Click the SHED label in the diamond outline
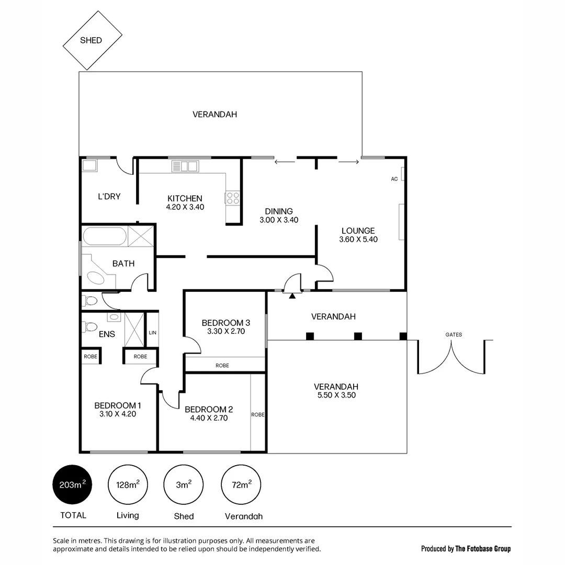pyautogui.click(x=91, y=40)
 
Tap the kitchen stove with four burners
pyautogui.click(x=233, y=198)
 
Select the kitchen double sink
pyautogui.click(x=185, y=166)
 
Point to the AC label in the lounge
pyautogui.click(x=394, y=179)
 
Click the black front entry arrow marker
pyautogui.click(x=292, y=296)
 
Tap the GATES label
pyautogui.click(x=454, y=335)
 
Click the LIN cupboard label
pyautogui.click(x=152, y=332)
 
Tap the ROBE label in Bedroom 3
pyautogui.click(x=222, y=366)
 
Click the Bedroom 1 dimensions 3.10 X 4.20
pyautogui.click(x=118, y=414)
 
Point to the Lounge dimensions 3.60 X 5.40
pyautogui.click(x=358, y=240)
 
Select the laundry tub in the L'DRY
pyautogui.click(x=89, y=166)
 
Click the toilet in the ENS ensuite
pyautogui.click(x=89, y=327)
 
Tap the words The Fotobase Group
pyautogui.click(x=483, y=549)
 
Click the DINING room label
pyautogui.click(x=278, y=211)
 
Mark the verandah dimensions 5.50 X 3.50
pyautogui.click(x=336, y=395)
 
